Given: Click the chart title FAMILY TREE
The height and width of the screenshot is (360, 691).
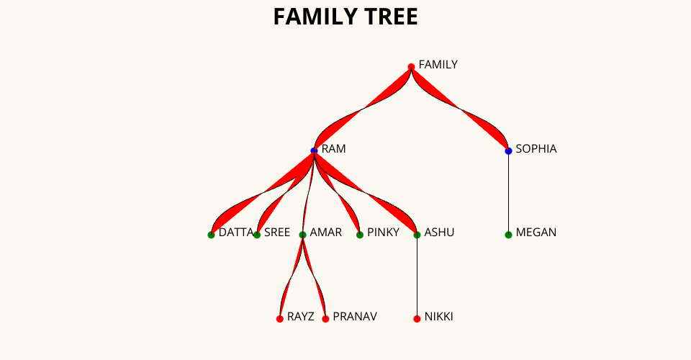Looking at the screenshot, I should coord(345,17).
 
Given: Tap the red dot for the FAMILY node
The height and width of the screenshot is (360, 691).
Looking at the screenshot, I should coord(411,67).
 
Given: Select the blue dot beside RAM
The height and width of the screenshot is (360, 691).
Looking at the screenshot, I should coord(314,150).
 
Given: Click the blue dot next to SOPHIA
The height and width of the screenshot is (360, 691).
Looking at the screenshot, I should coord(508,150).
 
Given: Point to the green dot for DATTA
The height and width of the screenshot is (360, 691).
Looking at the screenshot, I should coord(211,235).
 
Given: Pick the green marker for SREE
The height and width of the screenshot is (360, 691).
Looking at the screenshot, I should coord(257,235).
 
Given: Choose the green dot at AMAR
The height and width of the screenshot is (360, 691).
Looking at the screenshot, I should coord(302,235).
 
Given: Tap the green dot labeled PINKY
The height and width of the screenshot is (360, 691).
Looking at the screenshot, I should coord(360,235).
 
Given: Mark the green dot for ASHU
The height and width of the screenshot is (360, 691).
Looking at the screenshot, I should coord(417,235).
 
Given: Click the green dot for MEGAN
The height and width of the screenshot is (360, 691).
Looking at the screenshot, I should coord(508,235).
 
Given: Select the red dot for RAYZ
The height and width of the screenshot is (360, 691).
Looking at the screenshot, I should coord(280,318).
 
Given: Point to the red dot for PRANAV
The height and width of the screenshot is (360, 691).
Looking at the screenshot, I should coord(325,318).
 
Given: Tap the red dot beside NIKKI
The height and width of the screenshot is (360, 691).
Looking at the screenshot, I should coord(417,318).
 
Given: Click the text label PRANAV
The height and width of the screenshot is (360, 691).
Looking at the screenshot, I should coord(355,317).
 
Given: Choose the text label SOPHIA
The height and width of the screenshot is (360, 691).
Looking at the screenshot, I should coord(536,149).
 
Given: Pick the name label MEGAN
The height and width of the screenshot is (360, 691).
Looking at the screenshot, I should coord(536,233).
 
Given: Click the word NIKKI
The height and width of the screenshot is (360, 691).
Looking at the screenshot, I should coord(439,317).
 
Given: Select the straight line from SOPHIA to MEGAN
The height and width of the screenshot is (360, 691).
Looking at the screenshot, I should coord(508,193).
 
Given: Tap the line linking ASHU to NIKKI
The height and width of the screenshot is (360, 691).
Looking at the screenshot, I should coord(417,277).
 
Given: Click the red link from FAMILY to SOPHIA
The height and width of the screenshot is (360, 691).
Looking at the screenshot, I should coord(460,109).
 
